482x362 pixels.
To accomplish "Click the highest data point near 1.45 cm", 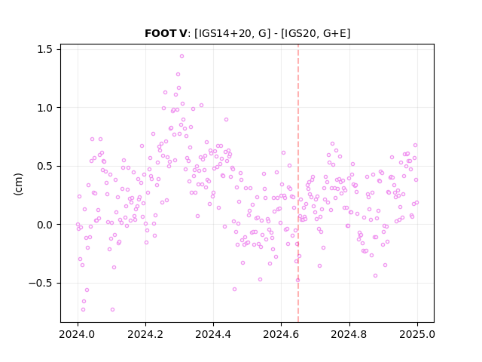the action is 182,57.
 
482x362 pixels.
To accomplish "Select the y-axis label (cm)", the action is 18,184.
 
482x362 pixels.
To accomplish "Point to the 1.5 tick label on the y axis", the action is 45,49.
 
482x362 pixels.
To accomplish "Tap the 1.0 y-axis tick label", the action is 45,108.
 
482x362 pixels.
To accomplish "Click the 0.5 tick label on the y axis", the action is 45,166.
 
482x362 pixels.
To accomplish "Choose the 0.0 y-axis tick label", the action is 45,225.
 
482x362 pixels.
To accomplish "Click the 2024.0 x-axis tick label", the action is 78,334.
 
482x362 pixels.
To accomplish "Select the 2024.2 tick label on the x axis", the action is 145,334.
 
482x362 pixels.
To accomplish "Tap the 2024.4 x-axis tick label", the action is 213,334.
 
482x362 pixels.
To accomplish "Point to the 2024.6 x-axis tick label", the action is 281,334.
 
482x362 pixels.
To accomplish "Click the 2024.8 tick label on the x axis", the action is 349,334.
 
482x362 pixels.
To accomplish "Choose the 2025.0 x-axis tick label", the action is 417,334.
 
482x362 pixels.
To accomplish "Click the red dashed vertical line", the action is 298,183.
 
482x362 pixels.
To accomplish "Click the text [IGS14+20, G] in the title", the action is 233,33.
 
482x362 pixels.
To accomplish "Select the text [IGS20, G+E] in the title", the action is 316,33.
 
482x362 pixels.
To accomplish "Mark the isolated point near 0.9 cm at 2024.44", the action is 226,119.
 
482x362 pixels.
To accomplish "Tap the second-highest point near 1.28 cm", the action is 178,74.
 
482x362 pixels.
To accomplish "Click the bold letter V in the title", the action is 182,33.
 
